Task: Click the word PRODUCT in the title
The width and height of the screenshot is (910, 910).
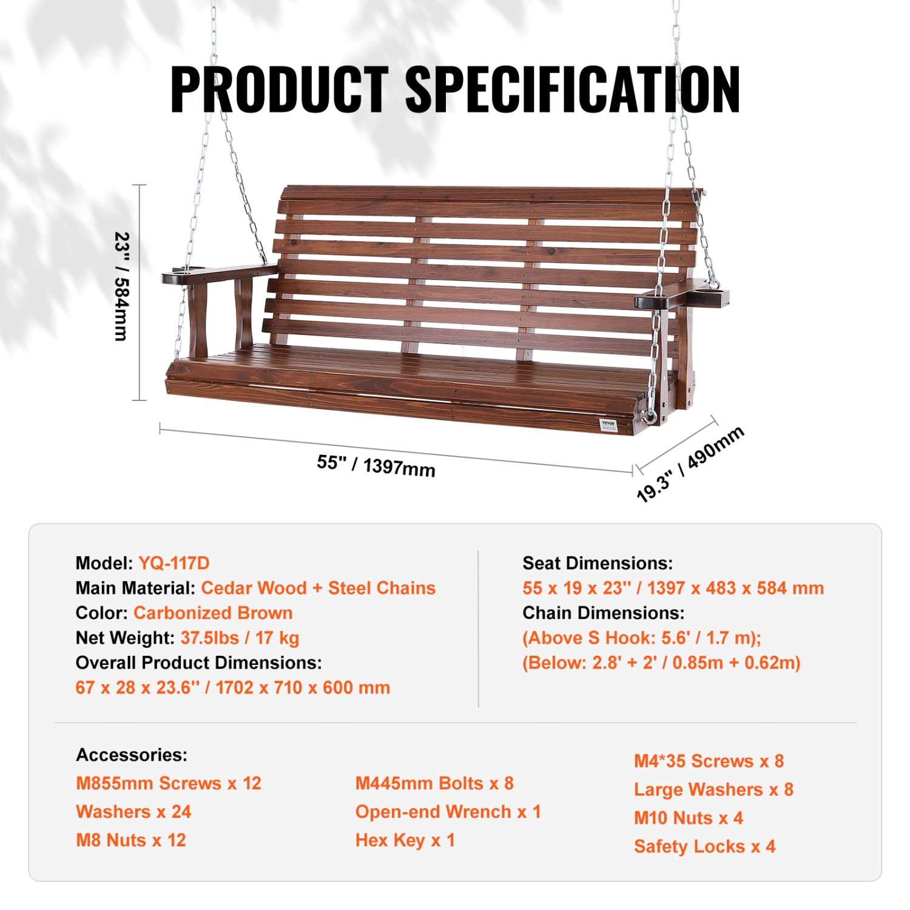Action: point(279,89)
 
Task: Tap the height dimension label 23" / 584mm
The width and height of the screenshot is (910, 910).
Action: point(122,286)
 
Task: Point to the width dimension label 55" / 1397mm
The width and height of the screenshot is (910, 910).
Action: point(376,465)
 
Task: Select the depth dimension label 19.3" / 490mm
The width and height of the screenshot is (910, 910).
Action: point(690,464)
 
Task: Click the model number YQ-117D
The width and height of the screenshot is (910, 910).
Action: point(174,563)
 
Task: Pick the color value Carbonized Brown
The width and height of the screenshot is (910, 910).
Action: point(213,613)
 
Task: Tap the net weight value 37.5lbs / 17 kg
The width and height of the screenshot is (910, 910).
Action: point(240,638)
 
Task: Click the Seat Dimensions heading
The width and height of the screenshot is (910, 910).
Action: point(598,563)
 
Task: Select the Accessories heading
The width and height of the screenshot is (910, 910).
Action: point(132,755)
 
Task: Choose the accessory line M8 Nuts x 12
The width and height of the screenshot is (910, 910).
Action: point(131,840)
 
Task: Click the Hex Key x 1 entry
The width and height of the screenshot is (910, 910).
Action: point(405,840)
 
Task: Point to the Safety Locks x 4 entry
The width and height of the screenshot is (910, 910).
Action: point(704,846)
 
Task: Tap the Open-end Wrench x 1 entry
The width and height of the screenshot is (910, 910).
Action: point(448,812)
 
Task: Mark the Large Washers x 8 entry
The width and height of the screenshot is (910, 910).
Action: point(713,789)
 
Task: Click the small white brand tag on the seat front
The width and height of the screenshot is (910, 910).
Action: point(608,424)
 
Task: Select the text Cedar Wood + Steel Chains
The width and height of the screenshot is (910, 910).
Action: point(318,588)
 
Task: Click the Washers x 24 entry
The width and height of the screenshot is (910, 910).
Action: point(133,812)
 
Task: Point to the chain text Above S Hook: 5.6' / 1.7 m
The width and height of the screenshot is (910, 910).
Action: point(642,638)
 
